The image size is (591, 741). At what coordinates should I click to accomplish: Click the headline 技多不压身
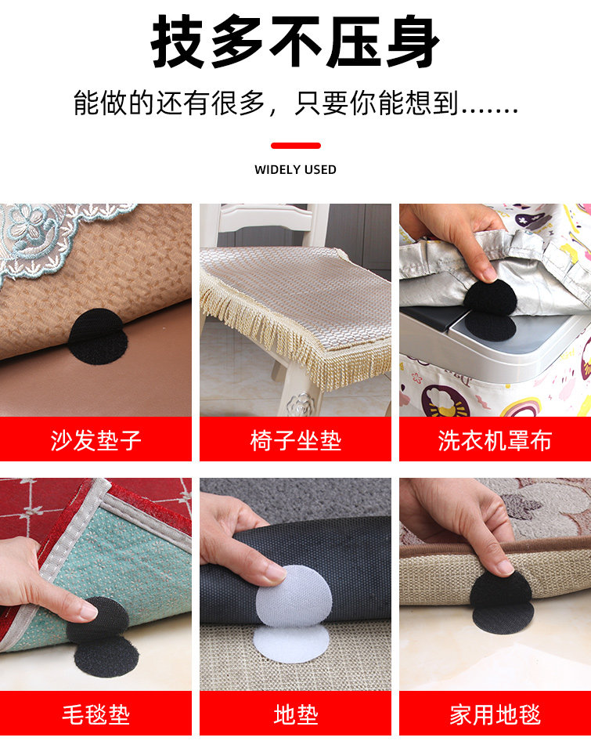coord(295,41)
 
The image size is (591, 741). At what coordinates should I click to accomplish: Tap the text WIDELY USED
coord(295,170)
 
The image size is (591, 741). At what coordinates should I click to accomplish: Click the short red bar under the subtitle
coord(296,146)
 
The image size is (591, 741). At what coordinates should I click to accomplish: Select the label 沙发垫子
coord(96,440)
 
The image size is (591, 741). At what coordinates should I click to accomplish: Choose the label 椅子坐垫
coord(296,440)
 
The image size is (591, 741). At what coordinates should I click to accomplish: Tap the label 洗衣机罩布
coord(495,440)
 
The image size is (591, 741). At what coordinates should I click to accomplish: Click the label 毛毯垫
coord(96,714)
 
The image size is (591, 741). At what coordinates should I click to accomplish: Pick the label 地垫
coord(296,714)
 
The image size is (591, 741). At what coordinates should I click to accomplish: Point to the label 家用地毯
coord(495,714)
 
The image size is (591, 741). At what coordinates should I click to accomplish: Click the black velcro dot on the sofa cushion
coord(99,337)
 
